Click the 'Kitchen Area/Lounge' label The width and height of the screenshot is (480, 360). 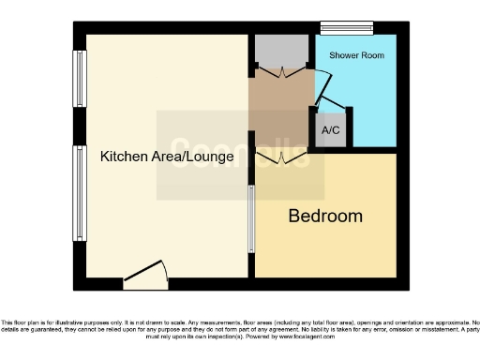point(167,157)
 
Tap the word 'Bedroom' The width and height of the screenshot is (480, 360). point(324,217)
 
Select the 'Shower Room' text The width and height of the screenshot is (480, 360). point(356,55)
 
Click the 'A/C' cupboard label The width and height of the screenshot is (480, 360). point(331,131)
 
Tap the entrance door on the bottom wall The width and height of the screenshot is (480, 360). point(145,274)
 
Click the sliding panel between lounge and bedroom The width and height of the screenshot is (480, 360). point(250,218)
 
